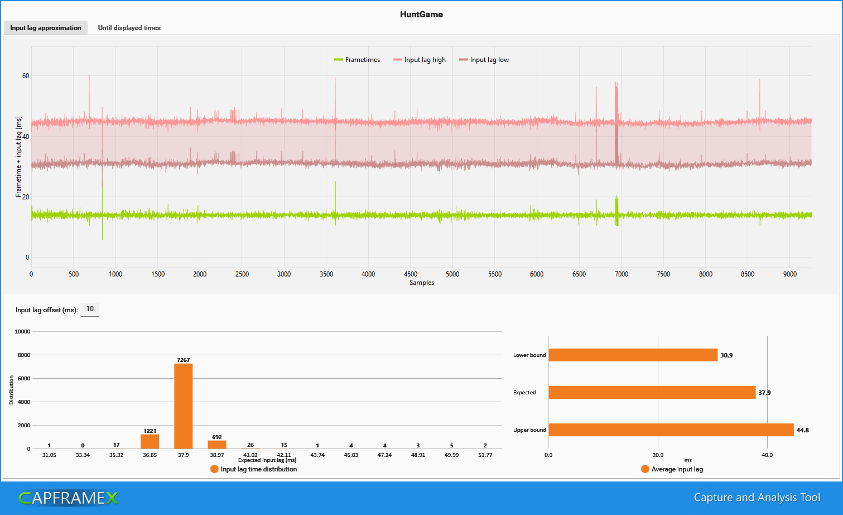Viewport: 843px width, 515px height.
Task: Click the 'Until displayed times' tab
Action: point(129,28)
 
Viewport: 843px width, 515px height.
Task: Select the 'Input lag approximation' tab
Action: point(46,28)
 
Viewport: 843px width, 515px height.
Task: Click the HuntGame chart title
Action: point(421,15)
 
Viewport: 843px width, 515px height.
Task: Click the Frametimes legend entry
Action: point(357,60)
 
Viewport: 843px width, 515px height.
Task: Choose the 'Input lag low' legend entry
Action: point(484,60)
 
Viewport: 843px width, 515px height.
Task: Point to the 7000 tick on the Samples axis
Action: point(621,274)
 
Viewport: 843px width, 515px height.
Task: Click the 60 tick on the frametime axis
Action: point(26,76)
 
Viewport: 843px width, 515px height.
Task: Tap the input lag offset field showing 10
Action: point(90,309)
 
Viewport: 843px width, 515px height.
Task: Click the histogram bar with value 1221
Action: point(150,441)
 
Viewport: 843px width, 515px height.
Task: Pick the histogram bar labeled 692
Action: point(217,445)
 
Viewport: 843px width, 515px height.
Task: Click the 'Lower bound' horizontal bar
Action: point(633,355)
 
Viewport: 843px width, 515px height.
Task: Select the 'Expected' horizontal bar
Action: point(652,393)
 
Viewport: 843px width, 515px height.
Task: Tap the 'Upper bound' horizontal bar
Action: point(671,430)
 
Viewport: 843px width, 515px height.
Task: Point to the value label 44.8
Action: point(803,430)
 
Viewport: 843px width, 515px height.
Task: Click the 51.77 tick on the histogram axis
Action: point(485,455)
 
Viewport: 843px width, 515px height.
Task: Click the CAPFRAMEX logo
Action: point(69,498)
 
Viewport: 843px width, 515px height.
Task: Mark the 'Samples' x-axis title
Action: point(421,283)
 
